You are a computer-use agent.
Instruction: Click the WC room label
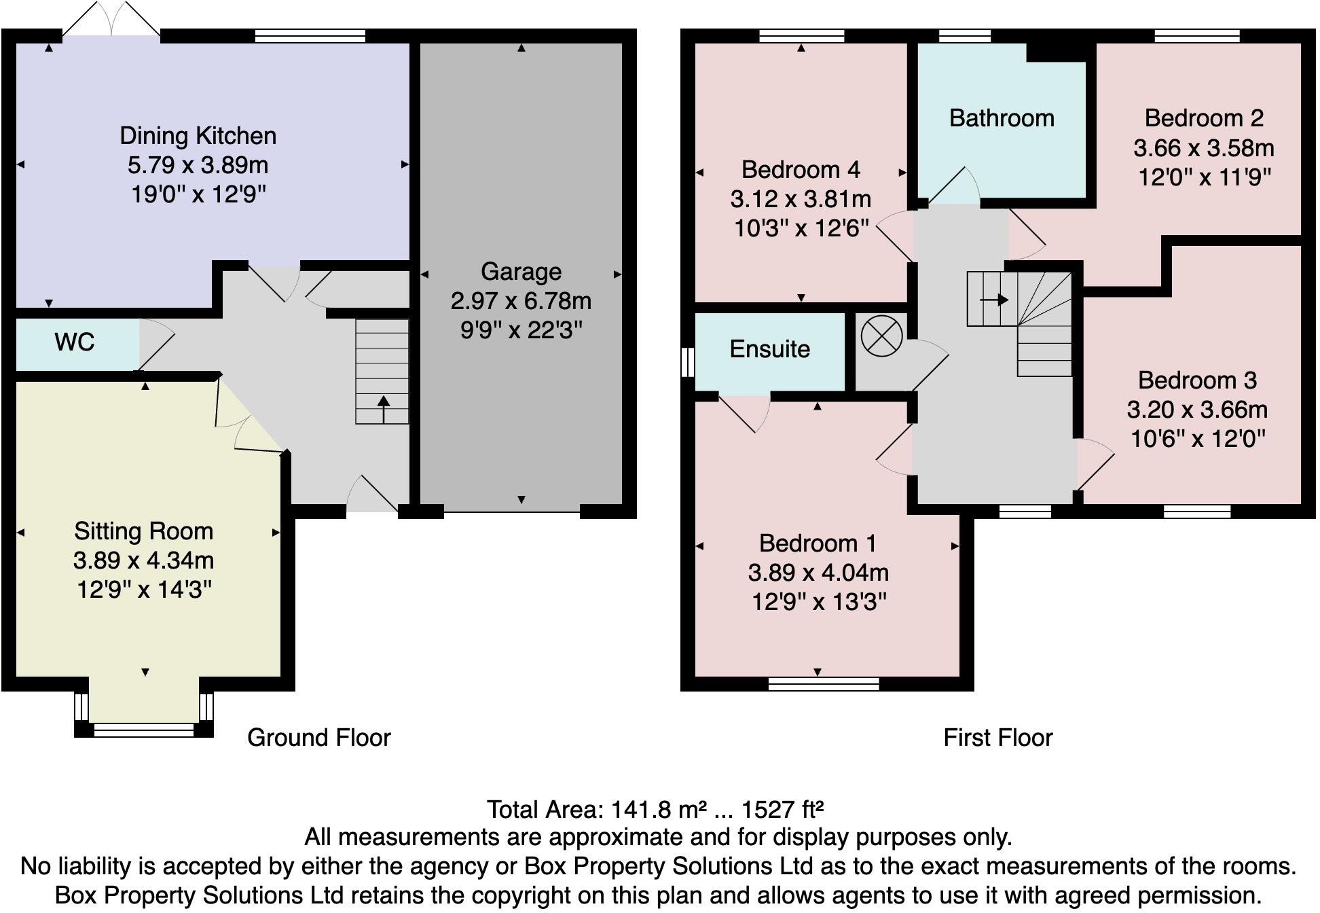tap(74, 342)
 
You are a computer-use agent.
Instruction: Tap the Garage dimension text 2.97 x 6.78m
tap(521, 301)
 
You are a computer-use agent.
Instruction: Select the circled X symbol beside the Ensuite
tap(881, 336)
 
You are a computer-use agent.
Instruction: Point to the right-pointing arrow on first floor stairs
tap(995, 300)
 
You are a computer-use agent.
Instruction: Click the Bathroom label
tap(1002, 118)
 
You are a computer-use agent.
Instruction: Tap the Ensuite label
tap(769, 349)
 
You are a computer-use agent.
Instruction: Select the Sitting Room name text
tap(143, 531)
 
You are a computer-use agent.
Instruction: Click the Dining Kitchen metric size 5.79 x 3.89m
tap(198, 165)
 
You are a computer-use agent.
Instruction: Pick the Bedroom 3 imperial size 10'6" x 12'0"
tap(1198, 439)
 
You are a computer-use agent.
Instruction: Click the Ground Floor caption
tap(318, 738)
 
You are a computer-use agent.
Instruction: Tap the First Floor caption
tap(997, 738)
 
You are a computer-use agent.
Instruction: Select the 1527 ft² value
tap(782, 810)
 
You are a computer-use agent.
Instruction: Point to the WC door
tap(155, 346)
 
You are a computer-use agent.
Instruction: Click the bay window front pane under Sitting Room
tap(143, 730)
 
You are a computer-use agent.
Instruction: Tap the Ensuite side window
tap(687, 362)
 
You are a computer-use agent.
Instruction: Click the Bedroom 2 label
tap(1204, 118)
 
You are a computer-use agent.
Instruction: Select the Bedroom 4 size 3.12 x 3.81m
tap(801, 199)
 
